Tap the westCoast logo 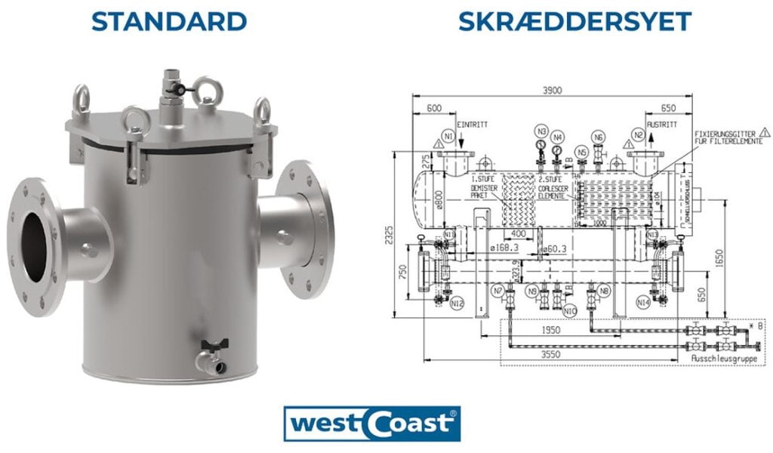(x=371, y=424)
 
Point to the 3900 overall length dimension (x=553, y=91)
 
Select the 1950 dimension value (x=553, y=331)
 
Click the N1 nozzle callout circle (x=448, y=137)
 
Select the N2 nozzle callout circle (x=639, y=136)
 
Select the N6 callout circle (x=598, y=137)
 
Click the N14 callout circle (x=643, y=302)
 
